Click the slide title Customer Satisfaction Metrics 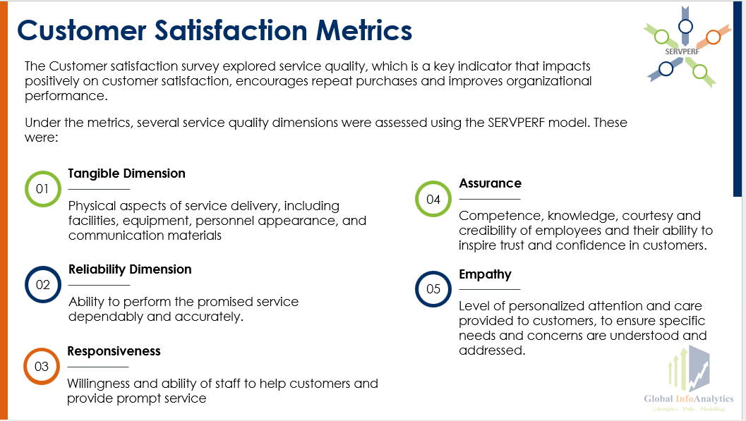[x=215, y=31]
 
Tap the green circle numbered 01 [x=43, y=189]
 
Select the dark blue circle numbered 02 [x=43, y=285]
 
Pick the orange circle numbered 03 [x=42, y=367]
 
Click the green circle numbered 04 [x=433, y=200]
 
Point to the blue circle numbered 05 [x=433, y=289]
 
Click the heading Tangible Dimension [x=126, y=173]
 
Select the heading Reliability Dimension [x=130, y=269]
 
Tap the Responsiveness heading [x=114, y=351]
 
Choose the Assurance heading [x=490, y=183]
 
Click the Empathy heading [x=485, y=274]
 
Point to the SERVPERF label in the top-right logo [x=681, y=51]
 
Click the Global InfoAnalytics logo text [x=688, y=399]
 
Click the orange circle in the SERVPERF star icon [x=713, y=37]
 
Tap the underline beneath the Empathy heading [x=489, y=289]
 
